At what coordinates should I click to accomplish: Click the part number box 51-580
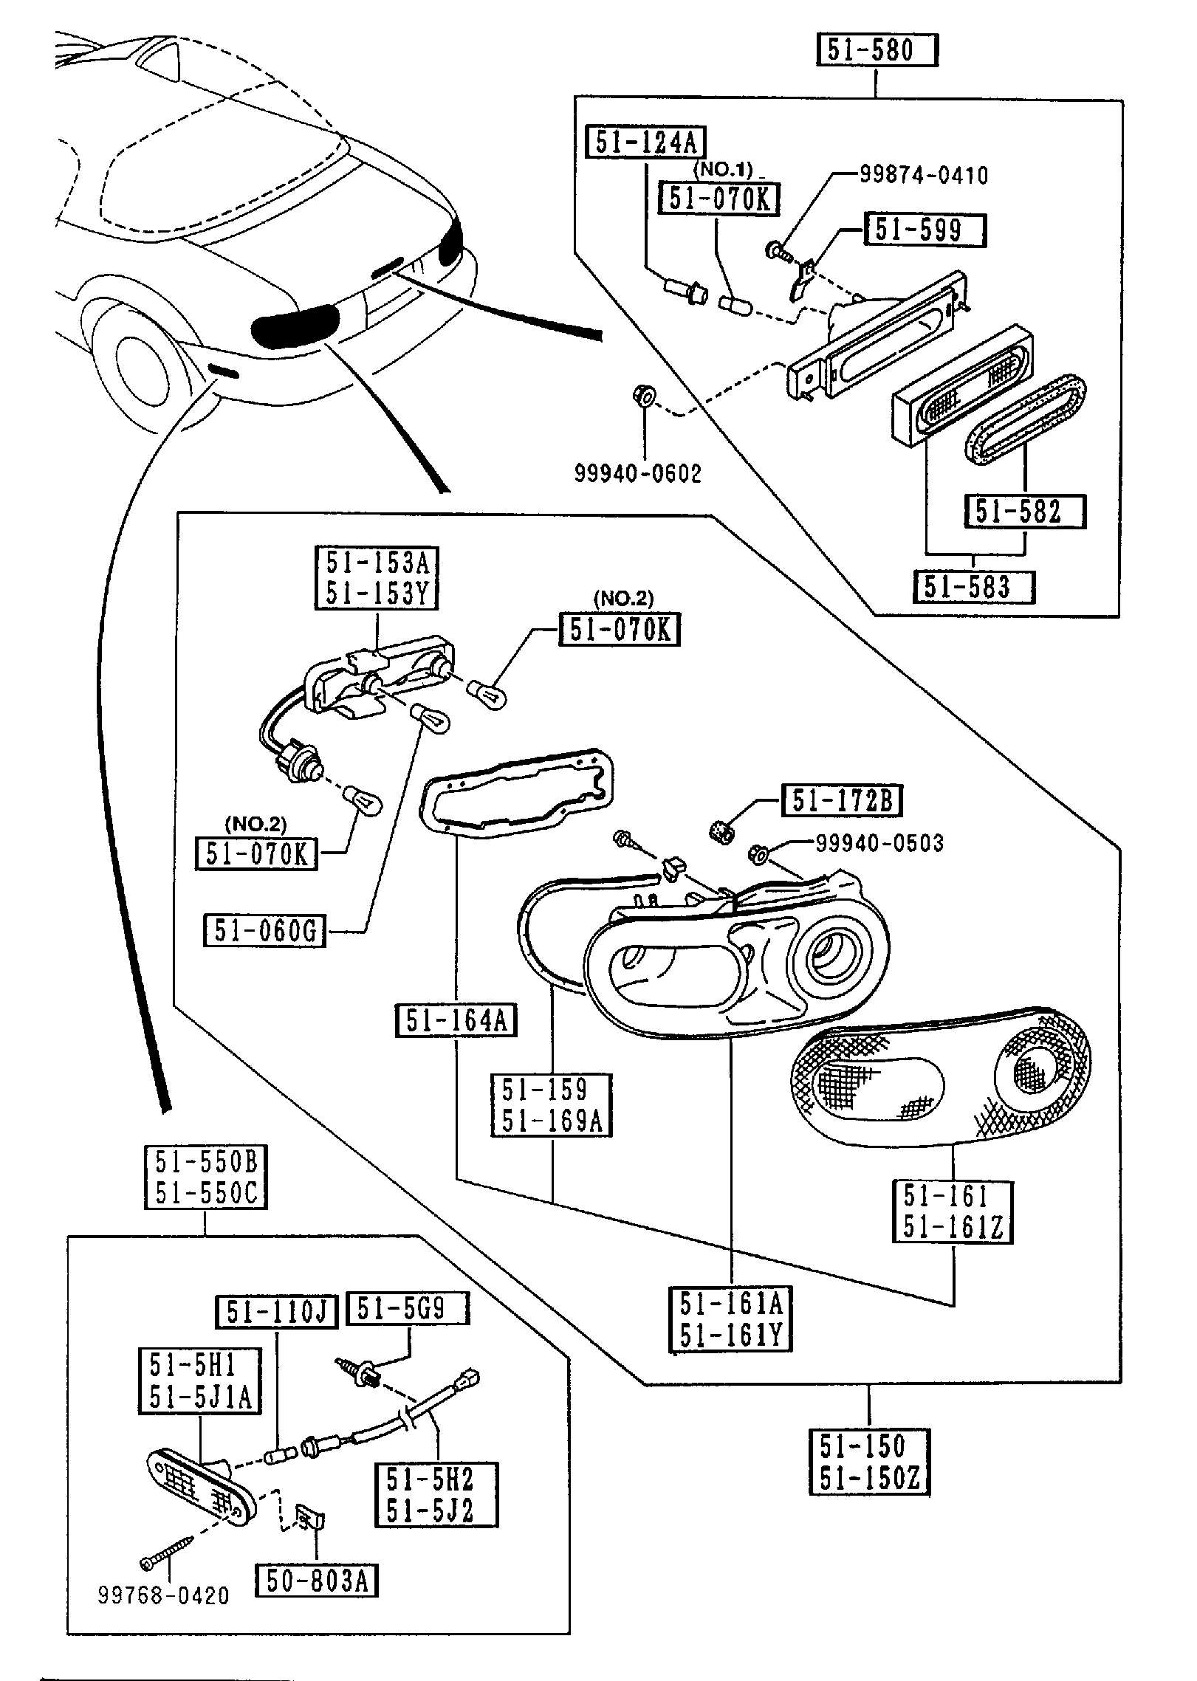876,51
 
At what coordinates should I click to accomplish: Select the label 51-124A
645,142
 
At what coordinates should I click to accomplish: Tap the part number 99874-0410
923,175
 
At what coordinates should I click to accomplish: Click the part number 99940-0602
638,473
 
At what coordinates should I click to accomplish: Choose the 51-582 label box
1024,512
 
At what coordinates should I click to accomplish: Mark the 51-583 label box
973,587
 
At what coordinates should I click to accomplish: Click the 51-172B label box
841,801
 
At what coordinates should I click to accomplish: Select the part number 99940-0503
879,843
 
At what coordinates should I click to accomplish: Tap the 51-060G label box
264,931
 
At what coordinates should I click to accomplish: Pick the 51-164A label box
456,1021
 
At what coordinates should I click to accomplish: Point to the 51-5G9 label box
407,1308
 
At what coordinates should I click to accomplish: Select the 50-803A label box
316,1581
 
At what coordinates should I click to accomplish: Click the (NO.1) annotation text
722,168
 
